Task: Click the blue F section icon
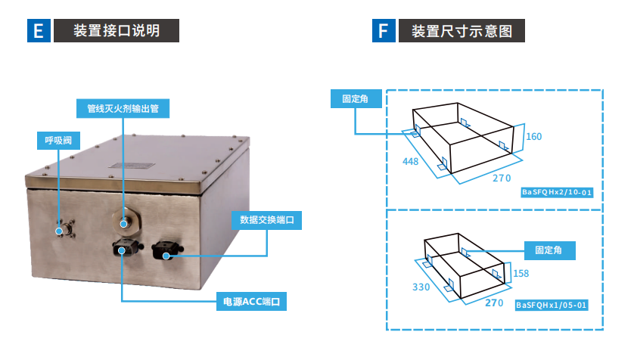click(x=384, y=31)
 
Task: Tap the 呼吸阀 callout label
click(x=57, y=140)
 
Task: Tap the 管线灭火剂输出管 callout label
click(x=122, y=108)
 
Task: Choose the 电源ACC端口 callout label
click(x=252, y=302)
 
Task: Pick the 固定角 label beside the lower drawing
click(x=549, y=249)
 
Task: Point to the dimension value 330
click(x=421, y=287)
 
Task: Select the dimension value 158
click(x=521, y=272)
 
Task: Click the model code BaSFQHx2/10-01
click(x=556, y=193)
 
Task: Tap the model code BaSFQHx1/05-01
click(x=550, y=305)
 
